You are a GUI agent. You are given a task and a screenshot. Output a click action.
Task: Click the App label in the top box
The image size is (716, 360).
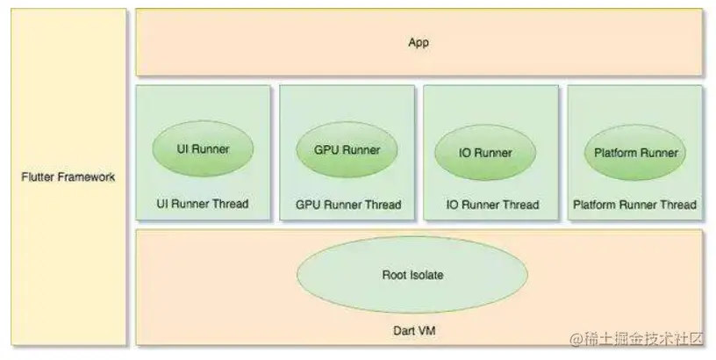(x=419, y=42)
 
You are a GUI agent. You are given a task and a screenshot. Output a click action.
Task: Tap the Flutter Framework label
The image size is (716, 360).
(x=68, y=176)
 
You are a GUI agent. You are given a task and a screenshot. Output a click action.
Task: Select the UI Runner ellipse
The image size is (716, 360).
(x=204, y=149)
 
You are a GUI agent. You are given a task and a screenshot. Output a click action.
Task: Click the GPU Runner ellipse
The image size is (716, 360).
(x=347, y=149)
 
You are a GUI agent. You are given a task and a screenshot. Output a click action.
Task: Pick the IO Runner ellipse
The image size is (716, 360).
(x=485, y=153)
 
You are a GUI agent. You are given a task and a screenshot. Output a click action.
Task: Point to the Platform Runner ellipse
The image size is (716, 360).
(x=635, y=153)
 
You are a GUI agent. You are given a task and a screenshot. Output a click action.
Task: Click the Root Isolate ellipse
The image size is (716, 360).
(x=412, y=275)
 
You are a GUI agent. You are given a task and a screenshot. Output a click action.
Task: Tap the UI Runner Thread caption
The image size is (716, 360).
(x=203, y=205)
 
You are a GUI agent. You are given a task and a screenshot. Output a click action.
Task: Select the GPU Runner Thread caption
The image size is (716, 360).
(x=348, y=205)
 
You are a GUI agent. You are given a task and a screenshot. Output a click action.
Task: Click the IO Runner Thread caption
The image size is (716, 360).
(x=492, y=205)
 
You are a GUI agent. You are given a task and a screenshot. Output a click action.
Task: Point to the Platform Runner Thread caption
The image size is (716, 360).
(x=634, y=205)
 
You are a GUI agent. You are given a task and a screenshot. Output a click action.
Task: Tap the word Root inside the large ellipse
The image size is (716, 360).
(x=394, y=275)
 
